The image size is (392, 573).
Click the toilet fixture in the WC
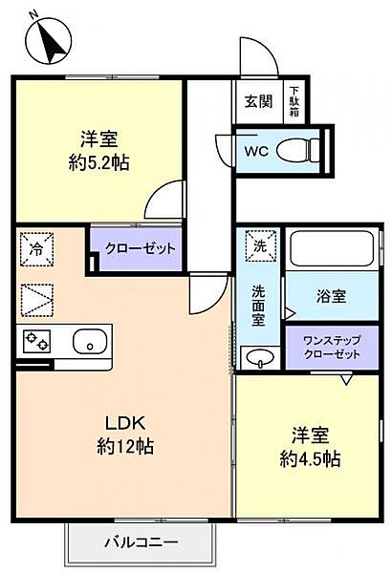coord(298,149)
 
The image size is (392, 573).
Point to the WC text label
coord(254,151)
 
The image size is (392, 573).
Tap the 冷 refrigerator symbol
coord(33,247)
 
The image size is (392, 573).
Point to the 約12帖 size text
coord(123,446)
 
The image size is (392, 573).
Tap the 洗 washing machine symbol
coord(257,245)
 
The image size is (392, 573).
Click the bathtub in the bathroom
coord(334,250)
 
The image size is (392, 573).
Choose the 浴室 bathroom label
coord(331,296)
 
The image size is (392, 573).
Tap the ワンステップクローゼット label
coord(331,347)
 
